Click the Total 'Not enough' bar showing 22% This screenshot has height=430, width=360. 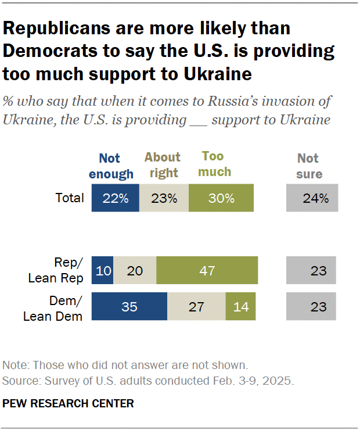tap(116, 198)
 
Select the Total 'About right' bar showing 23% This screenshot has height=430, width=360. tap(164, 198)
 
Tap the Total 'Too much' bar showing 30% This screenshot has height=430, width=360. tap(222, 198)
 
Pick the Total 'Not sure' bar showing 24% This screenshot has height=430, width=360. tap(312, 198)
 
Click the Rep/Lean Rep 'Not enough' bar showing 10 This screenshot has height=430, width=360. tap(102, 271)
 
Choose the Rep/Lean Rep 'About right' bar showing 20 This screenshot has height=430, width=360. tap(135, 271)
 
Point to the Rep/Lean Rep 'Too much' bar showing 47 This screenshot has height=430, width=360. tap(207, 271)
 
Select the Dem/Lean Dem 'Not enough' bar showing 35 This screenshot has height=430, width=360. tap(129, 306)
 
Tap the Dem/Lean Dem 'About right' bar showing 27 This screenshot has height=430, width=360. tap(197, 306)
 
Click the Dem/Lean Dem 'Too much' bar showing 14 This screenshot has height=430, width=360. tap(241, 306)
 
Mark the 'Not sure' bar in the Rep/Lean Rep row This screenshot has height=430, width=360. tap(312, 271)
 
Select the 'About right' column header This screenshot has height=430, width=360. tap(163, 165)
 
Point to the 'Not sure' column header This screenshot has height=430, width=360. tap(309, 166)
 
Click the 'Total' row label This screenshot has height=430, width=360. tap(70, 198)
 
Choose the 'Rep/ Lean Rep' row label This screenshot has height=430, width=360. tap(56, 271)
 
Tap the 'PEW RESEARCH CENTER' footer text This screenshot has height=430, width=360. tap(69, 403)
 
